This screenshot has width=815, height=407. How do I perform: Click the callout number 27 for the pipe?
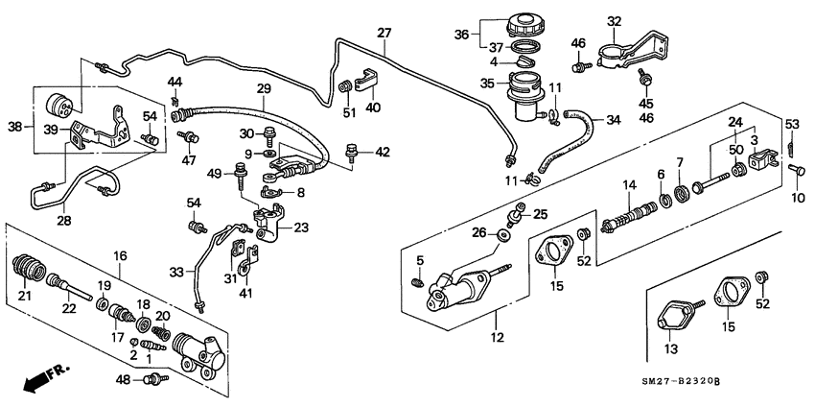pos(384,33)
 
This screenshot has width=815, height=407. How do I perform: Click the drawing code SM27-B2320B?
pos(713,382)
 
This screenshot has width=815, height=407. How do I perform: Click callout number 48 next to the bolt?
pos(122,380)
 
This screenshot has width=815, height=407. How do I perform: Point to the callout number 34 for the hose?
pos(613,120)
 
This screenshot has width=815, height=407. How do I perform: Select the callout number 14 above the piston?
pos(630,185)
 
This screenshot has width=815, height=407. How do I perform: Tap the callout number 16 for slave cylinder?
pos(121,256)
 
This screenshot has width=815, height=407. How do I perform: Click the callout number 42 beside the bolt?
pos(382,151)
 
